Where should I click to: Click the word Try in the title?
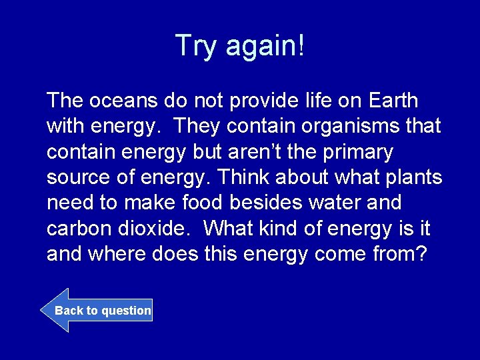pyautogui.click(x=197, y=46)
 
